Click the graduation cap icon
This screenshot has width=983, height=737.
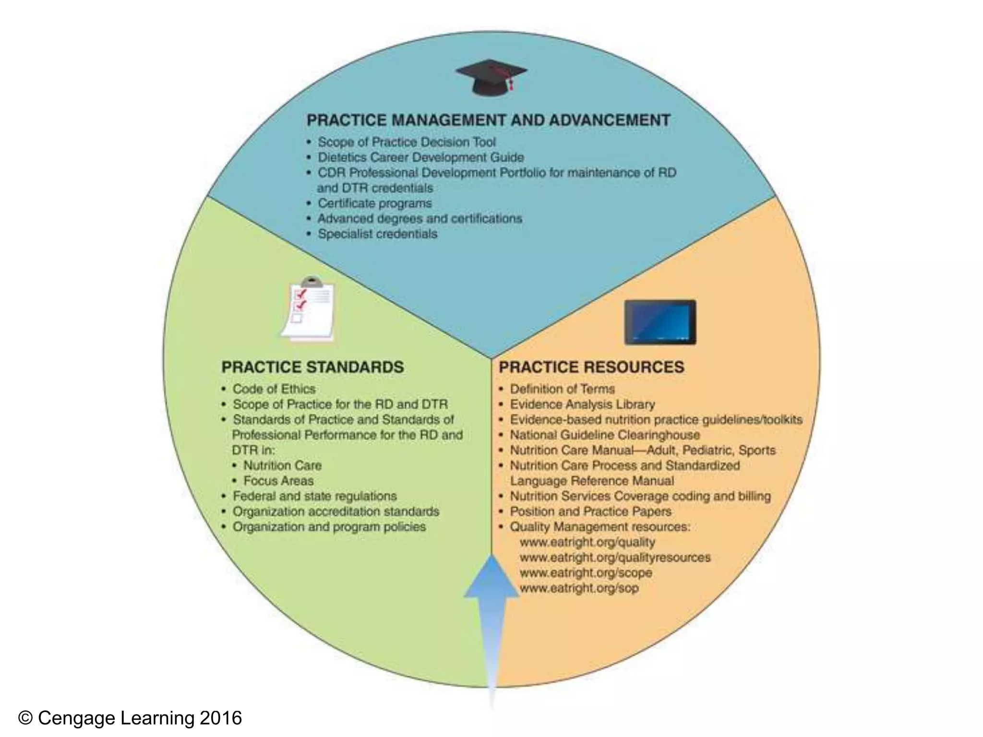click(x=491, y=77)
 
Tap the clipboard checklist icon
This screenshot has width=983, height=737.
click(x=308, y=309)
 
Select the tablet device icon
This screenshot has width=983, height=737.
click(x=660, y=322)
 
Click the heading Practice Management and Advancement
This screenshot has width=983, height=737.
click(x=488, y=120)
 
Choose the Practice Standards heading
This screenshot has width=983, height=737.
click(x=312, y=367)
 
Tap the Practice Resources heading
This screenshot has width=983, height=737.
click(x=591, y=367)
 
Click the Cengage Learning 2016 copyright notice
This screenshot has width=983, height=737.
click(x=130, y=718)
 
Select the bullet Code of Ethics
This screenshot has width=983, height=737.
click(x=274, y=389)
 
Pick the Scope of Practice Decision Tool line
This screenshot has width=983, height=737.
click(x=406, y=142)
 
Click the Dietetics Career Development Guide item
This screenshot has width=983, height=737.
click(x=420, y=157)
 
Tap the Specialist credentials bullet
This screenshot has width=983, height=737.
click(x=377, y=234)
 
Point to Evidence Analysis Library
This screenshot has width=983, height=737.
click(x=582, y=404)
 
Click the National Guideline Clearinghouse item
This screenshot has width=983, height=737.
click(x=605, y=435)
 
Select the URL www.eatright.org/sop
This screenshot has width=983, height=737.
click(x=579, y=588)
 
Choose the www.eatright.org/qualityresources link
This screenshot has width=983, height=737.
click(x=615, y=558)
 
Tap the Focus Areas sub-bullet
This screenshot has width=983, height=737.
click(x=278, y=481)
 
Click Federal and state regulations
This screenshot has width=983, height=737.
click(x=314, y=496)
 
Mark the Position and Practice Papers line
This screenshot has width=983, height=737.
click(x=590, y=511)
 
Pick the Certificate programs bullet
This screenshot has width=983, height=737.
click(x=374, y=203)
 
